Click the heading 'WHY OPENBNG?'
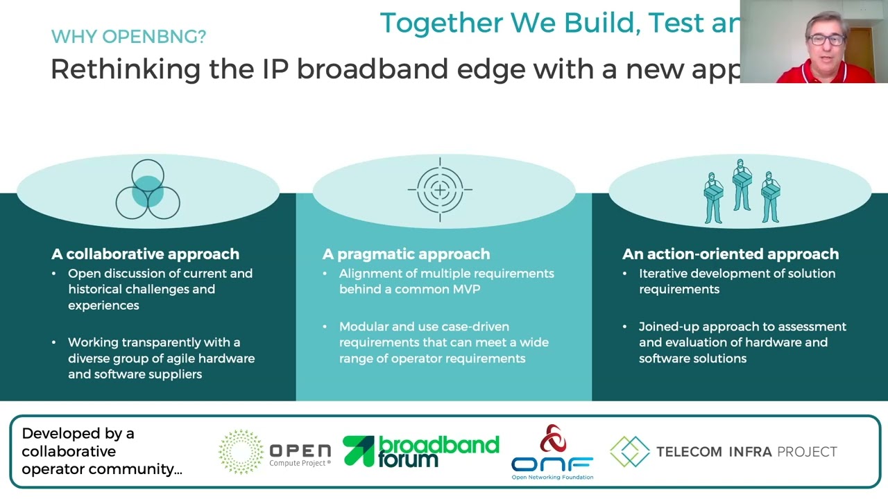[128, 37]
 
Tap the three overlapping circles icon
[148, 190]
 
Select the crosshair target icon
[440, 189]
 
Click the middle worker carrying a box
[742, 183]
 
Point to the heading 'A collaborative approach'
[145, 254]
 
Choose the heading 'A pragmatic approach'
[406, 254]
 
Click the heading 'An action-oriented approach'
[730, 254]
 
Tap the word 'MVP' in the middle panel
[465, 289]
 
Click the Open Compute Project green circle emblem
[241, 452]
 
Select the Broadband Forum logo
[421, 451]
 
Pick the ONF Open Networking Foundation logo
[552, 452]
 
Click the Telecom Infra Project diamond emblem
[629, 452]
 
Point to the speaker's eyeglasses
[826, 40]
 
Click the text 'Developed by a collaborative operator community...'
[101, 451]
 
